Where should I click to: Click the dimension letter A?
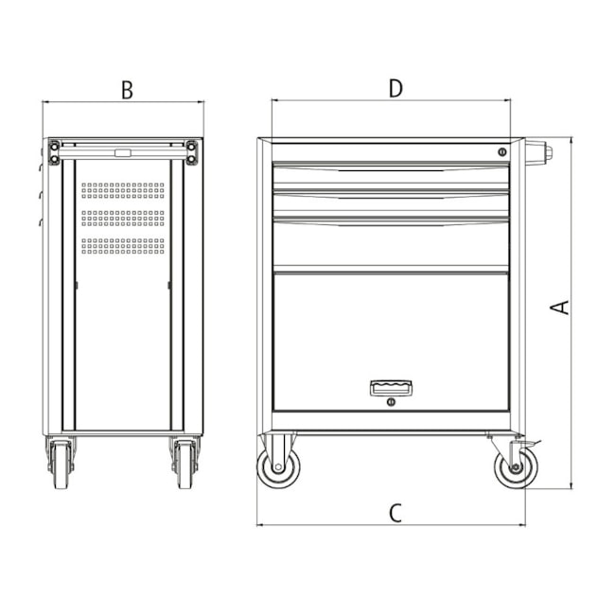[560, 307]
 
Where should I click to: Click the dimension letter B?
[126, 90]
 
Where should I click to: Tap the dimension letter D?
[395, 88]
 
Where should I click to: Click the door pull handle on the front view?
[391, 386]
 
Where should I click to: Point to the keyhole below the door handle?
[391, 403]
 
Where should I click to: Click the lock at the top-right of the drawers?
[502, 151]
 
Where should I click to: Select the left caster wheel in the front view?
[279, 466]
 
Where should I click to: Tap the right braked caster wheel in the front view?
[515, 466]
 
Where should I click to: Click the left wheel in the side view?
[60, 466]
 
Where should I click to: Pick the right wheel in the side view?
[184, 466]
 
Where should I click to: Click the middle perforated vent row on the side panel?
[123, 218]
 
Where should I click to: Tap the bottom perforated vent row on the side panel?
[123, 245]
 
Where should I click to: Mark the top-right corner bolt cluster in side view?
[192, 151]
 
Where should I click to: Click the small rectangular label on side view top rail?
[123, 151]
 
